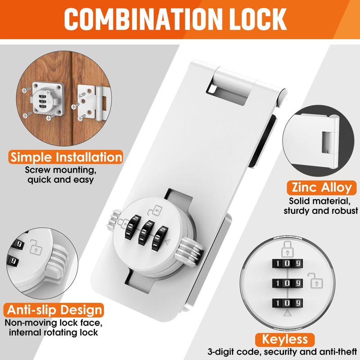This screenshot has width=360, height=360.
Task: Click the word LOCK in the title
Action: click(255, 19)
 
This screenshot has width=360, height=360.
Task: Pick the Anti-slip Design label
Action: click(54, 310)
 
